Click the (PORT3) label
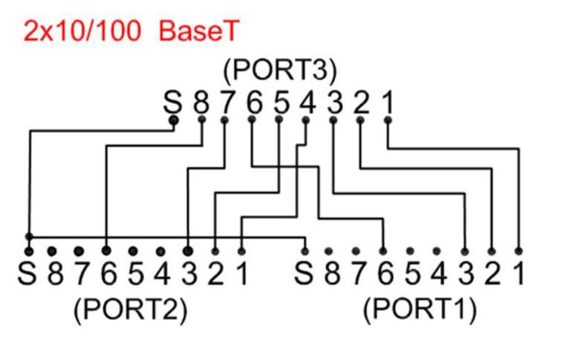click(x=280, y=72)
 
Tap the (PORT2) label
click(x=130, y=309)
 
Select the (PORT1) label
click(x=420, y=309)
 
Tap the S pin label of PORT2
click(x=28, y=274)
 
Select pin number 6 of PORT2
click(x=108, y=274)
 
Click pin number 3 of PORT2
click(x=189, y=274)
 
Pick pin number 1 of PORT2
click(x=241, y=274)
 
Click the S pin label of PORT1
click(x=304, y=274)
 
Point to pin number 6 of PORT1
click(x=384, y=274)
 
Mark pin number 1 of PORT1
click(x=518, y=274)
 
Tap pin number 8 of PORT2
click(x=54, y=274)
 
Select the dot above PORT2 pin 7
click(x=79, y=251)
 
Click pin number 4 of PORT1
click(x=438, y=274)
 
